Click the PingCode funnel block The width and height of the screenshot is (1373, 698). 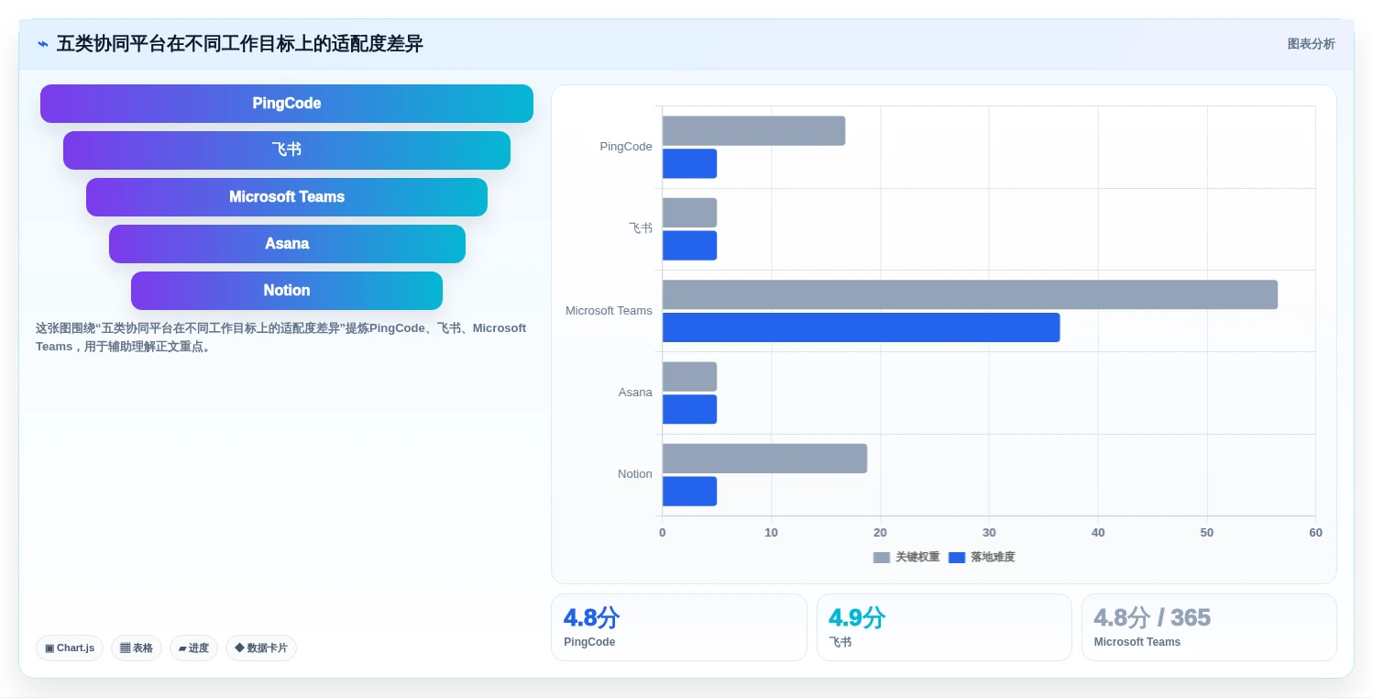click(287, 104)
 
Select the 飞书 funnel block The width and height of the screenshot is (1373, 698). click(287, 150)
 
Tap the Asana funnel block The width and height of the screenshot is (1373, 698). click(287, 244)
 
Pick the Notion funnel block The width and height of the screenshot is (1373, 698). click(287, 291)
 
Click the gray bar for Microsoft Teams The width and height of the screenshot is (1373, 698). click(970, 295)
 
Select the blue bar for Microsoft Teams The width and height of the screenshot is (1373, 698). click(862, 327)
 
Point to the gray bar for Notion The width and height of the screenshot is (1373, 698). click(765, 459)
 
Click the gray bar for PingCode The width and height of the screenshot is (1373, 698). click(754, 130)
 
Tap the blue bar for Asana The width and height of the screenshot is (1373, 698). click(689, 409)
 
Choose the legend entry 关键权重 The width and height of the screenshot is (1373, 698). click(906, 557)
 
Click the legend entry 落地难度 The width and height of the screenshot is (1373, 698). click(982, 557)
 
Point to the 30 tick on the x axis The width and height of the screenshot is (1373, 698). click(989, 532)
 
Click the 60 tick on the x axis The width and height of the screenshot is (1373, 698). click(1315, 532)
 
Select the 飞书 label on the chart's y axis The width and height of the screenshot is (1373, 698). click(641, 228)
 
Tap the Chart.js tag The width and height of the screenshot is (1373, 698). click(70, 648)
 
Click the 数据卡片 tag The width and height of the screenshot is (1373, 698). click(261, 648)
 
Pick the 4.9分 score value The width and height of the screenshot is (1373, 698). click(857, 617)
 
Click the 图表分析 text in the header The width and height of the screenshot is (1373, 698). click(1311, 44)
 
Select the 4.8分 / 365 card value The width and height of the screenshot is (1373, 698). click(1152, 617)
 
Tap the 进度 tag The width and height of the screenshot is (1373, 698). click(193, 648)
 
